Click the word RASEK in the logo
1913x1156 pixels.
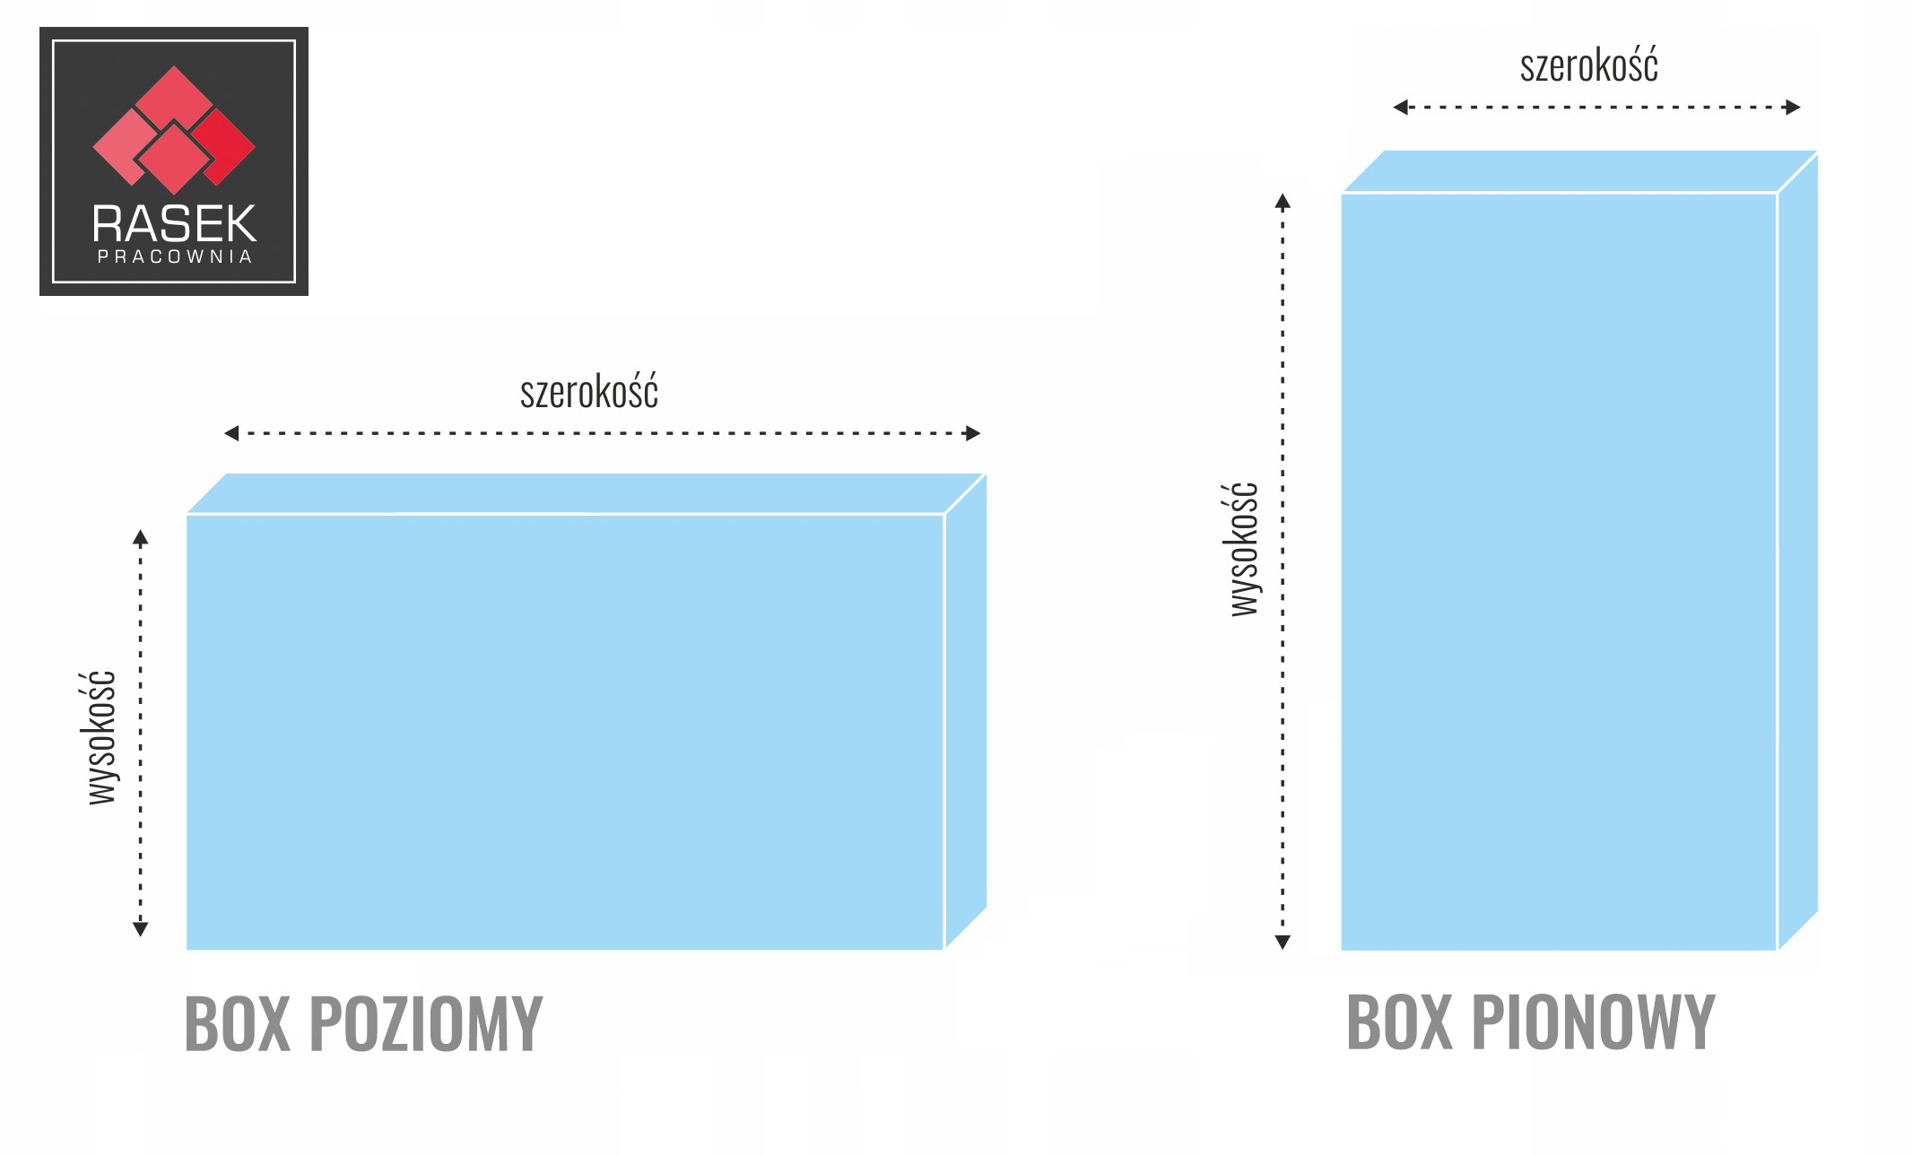(174, 223)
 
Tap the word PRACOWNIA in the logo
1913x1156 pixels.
(174, 257)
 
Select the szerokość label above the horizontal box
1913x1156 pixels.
(589, 392)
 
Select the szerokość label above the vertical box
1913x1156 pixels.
(1588, 65)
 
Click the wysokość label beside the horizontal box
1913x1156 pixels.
(101, 737)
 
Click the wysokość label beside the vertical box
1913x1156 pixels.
(1244, 549)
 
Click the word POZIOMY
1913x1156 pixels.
(426, 1023)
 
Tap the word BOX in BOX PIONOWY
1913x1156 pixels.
(1399, 1021)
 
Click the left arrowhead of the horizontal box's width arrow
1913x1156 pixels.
(230, 433)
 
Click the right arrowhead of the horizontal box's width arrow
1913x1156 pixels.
(973, 433)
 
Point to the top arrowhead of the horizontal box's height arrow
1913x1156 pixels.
(140, 537)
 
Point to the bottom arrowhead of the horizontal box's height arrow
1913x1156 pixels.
(140, 929)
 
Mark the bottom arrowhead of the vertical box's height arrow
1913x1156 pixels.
(1283, 942)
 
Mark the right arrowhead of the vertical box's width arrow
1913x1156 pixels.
(1793, 108)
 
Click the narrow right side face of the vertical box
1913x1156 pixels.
(1797, 547)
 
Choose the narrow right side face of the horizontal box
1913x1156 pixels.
(965, 708)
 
